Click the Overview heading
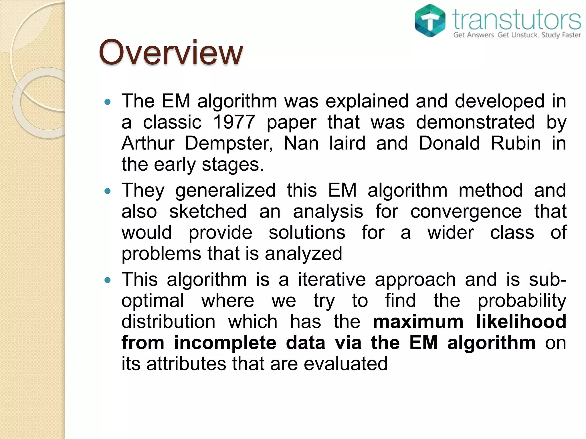coord(171,53)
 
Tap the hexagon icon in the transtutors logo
coord(430,21)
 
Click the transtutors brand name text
coord(517,19)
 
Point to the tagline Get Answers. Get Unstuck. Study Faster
coord(517,35)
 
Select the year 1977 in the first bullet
coord(234,122)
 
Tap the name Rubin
coord(516,143)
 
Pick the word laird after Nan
coord(347,143)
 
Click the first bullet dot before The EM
coord(108,102)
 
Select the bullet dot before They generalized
coord(108,191)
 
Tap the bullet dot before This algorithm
coord(108,280)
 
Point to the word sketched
coord(208,211)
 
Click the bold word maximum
coord(418,322)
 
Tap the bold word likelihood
coord(521,322)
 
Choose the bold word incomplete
coord(225,343)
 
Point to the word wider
coord(451,233)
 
